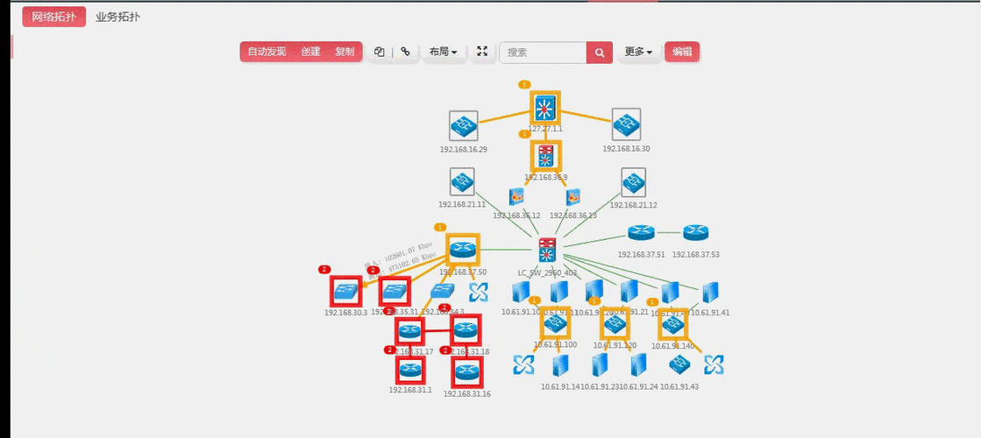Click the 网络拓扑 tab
point(53,17)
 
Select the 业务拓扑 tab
point(117,17)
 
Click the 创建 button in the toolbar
point(310,52)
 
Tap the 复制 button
point(345,52)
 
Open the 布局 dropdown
point(443,52)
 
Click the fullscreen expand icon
point(482,52)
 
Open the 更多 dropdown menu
point(637,52)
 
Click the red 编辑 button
point(681,52)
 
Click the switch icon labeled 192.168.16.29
point(463,125)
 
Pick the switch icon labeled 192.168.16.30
point(626,124)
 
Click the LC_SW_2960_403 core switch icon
point(547,251)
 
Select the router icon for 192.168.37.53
point(696,233)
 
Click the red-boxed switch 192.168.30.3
point(345,290)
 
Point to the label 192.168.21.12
point(633,205)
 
